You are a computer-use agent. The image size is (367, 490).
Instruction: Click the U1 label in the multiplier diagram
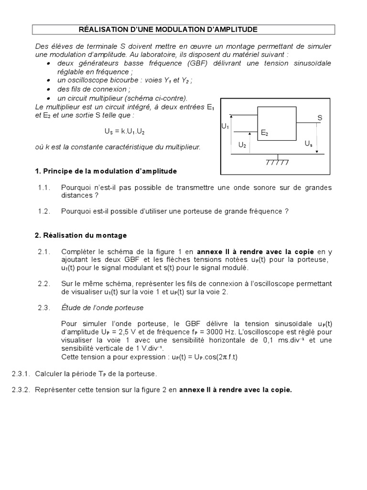[x=225, y=127]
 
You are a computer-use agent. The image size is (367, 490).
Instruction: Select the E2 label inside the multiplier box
[x=264, y=134]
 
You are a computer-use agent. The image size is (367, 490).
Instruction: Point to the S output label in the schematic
[x=320, y=118]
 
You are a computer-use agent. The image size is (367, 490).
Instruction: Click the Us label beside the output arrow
[x=308, y=144]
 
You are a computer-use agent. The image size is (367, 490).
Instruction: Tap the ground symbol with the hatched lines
[x=277, y=160]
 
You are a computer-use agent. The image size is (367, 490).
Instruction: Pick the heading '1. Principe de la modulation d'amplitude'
[x=106, y=171]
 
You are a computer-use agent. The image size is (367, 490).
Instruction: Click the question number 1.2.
[x=44, y=211]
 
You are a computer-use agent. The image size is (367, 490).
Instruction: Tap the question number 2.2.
[x=44, y=284]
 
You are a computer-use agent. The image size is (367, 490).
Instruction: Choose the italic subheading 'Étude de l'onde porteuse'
[x=102, y=308]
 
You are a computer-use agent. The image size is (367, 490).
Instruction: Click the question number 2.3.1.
[x=21, y=373]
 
